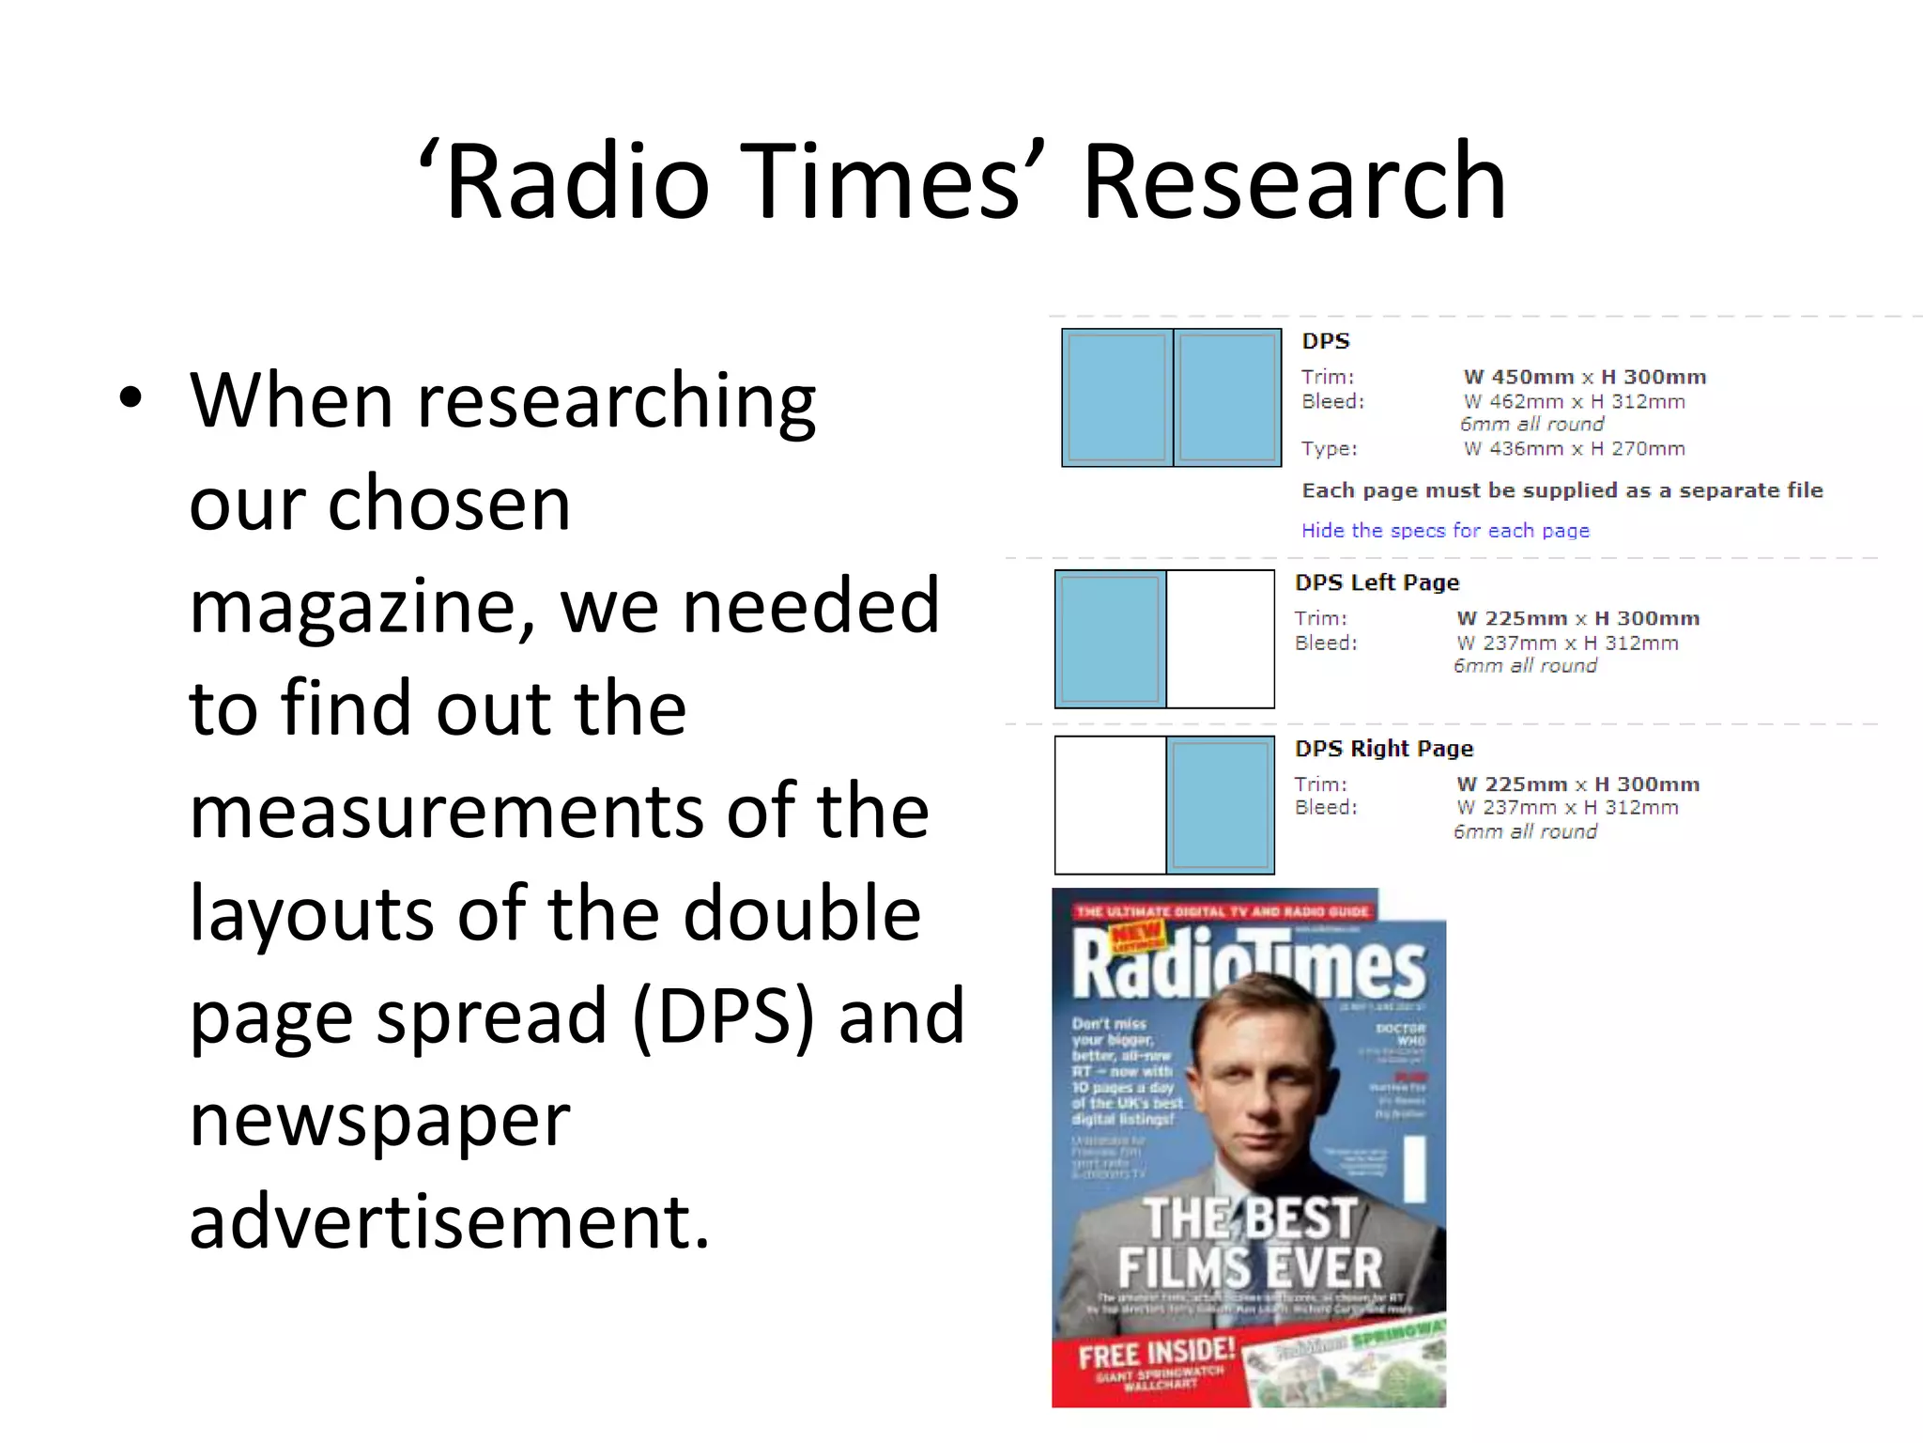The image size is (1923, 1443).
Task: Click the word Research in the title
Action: [x=1294, y=181]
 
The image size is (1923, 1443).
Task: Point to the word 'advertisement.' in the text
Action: [x=449, y=1221]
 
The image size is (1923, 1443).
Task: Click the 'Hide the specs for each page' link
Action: [x=1445, y=531]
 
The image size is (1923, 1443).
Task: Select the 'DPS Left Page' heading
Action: [x=1377, y=582]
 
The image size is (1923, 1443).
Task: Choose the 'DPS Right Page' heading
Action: [x=1384, y=749]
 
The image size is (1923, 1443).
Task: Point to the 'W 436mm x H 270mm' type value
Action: [x=1575, y=449]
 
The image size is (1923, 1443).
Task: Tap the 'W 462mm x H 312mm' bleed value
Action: [x=1575, y=402]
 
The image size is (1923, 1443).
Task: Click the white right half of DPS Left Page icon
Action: [x=1220, y=639]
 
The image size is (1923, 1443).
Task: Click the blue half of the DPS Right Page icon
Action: [x=1220, y=805]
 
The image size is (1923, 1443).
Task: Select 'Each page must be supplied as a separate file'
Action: [x=1561, y=490]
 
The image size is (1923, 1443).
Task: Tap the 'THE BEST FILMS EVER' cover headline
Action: [x=1250, y=1243]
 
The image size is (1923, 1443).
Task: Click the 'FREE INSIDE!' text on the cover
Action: [x=1156, y=1354]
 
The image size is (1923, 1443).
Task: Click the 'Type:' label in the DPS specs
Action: [x=1329, y=449]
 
